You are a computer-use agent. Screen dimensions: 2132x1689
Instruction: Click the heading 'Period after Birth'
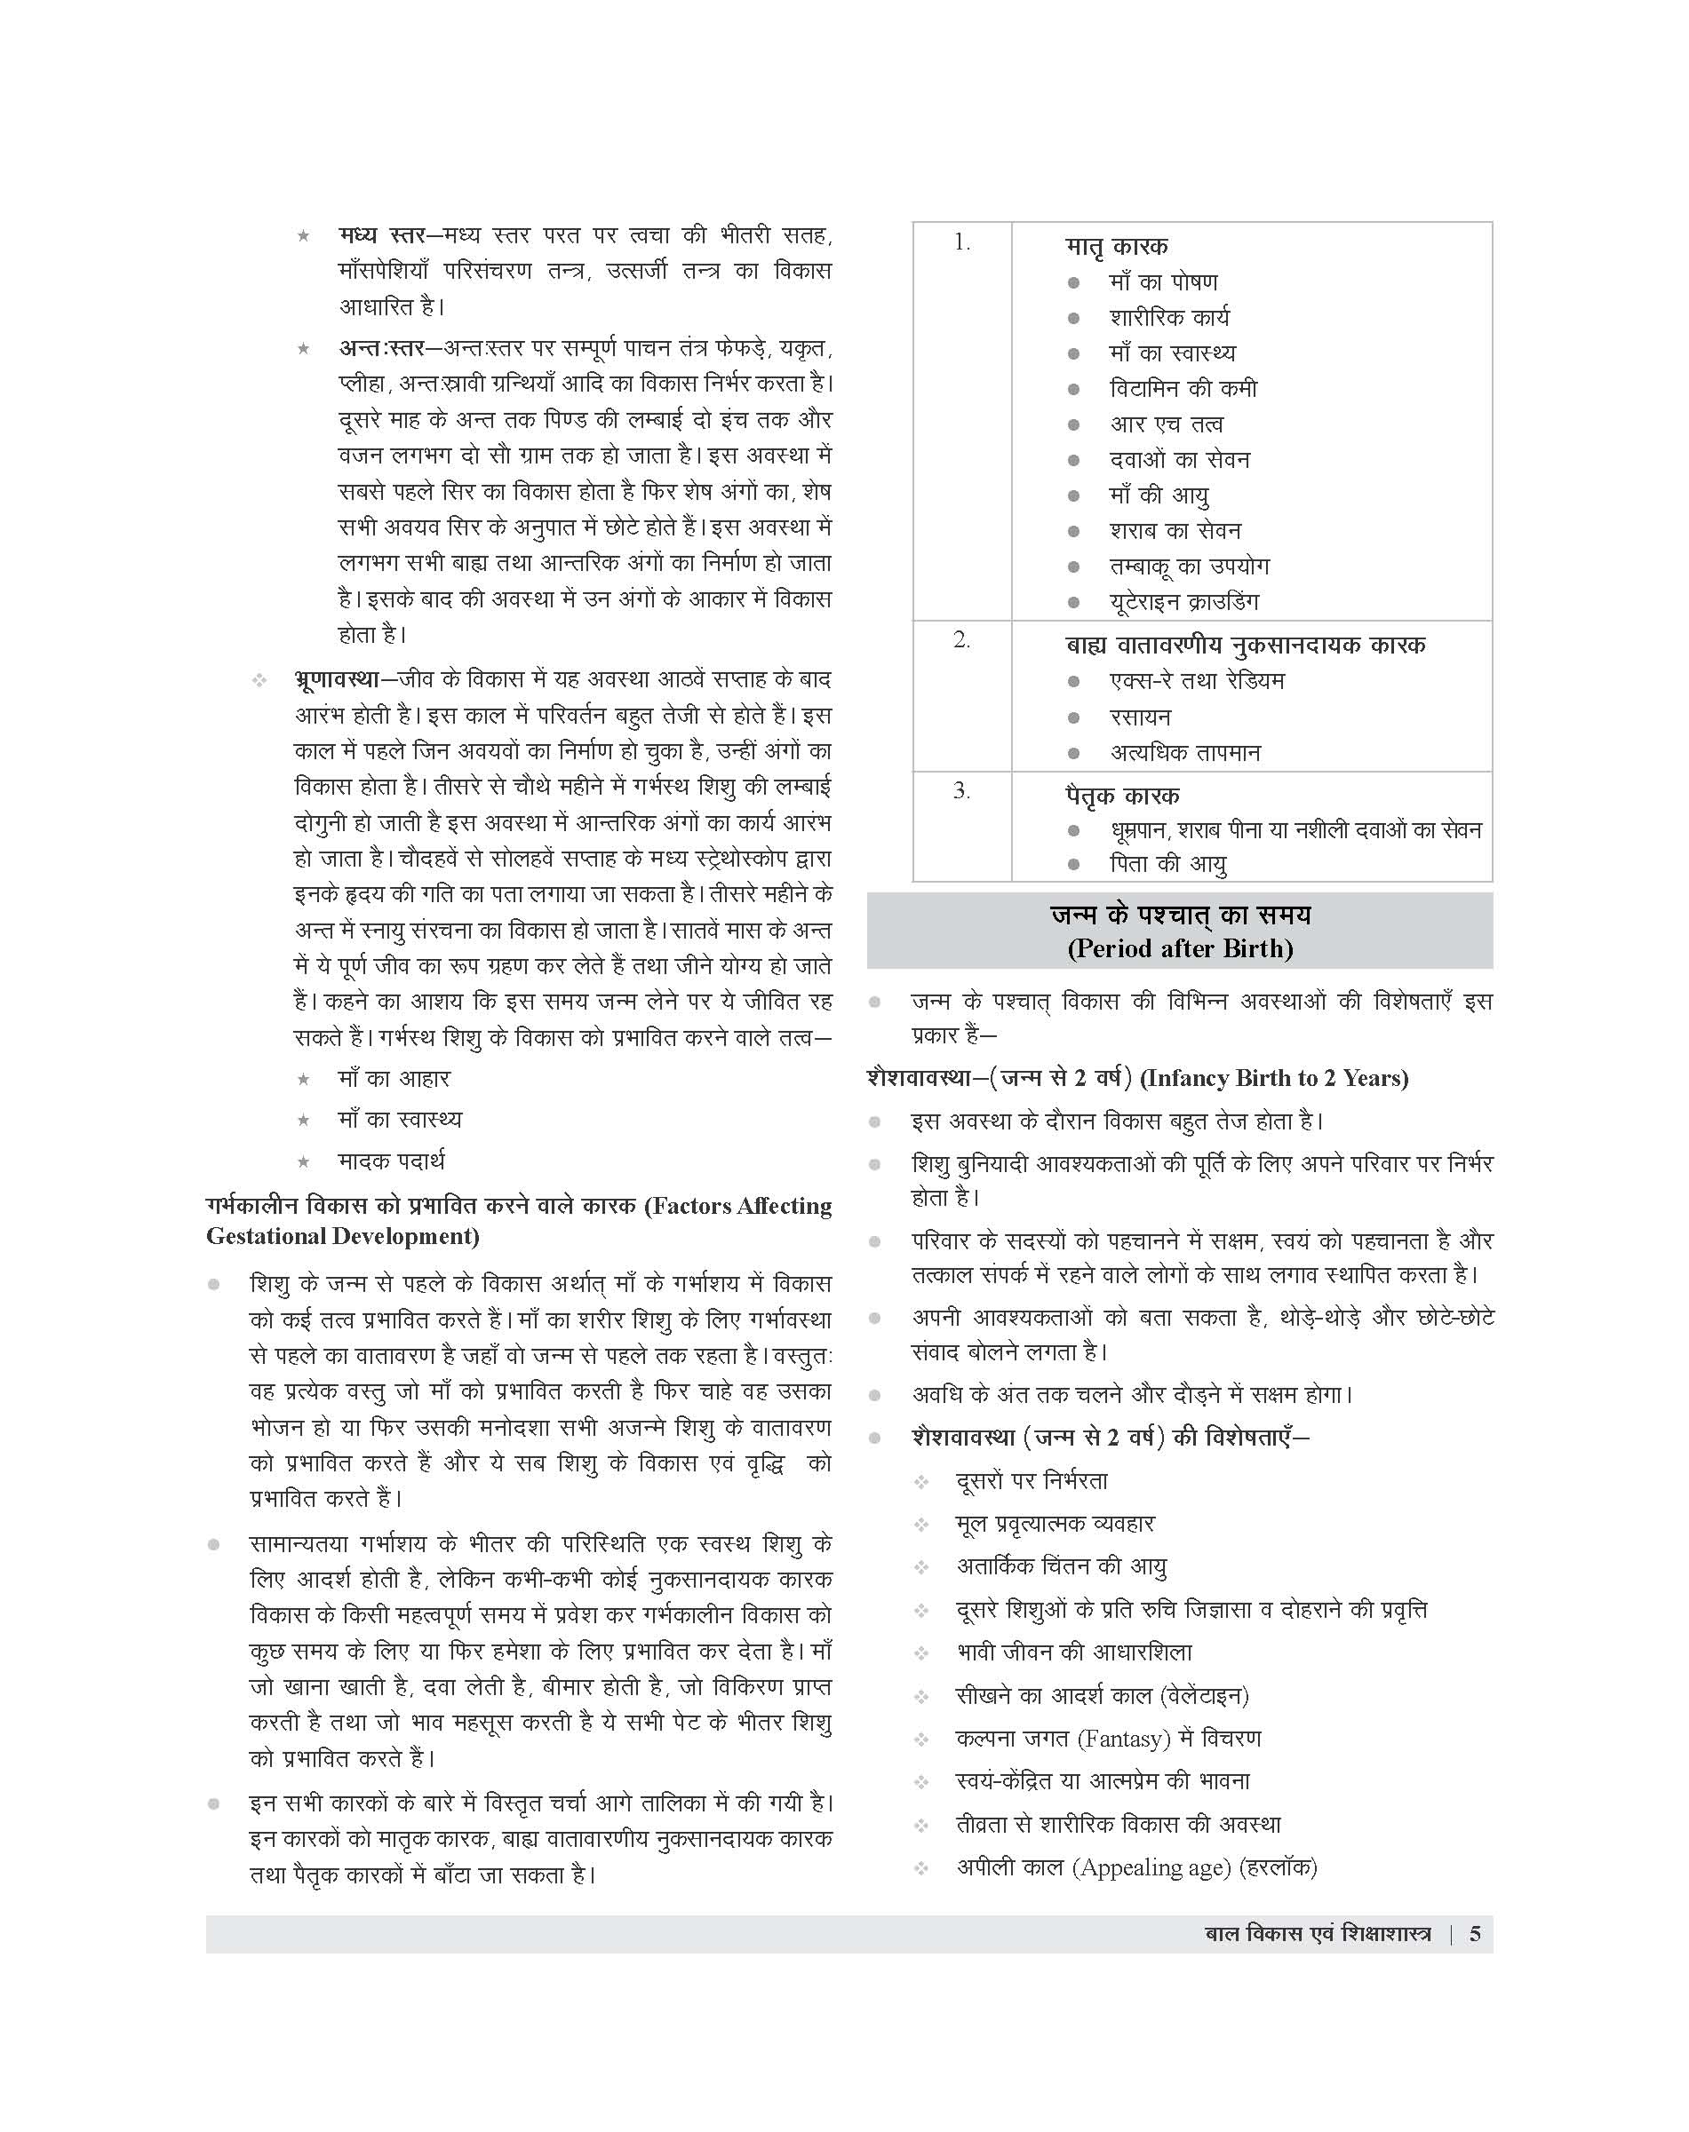click(x=1180, y=949)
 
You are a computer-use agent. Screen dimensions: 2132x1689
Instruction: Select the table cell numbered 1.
click(x=961, y=243)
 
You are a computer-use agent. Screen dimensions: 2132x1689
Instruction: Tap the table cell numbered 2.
click(x=961, y=640)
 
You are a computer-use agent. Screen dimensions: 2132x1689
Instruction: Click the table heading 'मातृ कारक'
click(x=1117, y=246)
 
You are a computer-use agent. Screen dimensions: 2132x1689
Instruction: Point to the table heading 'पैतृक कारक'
click(x=1122, y=796)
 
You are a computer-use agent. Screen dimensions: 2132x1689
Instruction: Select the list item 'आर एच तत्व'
click(x=1166, y=425)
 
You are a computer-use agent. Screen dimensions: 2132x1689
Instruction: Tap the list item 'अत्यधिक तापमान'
click(x=1184, y=753)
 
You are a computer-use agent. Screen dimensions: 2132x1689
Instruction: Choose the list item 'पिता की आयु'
click(x=1167, y=864)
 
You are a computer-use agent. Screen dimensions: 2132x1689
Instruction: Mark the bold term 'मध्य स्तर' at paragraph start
click(x=382, y=236)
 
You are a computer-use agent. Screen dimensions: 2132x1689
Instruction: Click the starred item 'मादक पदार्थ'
click(x=392, y=1161)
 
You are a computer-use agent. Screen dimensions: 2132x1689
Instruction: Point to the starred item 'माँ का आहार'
click(x=394, y=1078)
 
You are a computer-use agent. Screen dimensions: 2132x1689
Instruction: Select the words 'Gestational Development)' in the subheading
click(x=342, y=1237)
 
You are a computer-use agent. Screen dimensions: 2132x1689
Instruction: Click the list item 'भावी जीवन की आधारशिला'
click(x=1074, y=1652)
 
